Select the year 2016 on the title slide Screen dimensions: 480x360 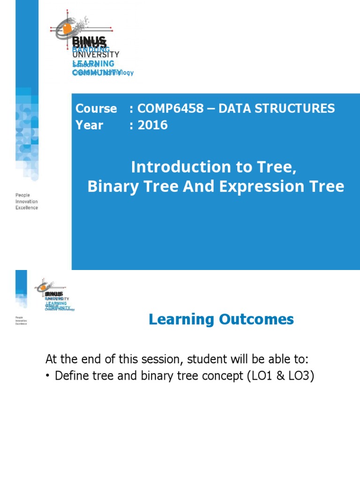(152, 125)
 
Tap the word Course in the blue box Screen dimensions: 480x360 (96, 109)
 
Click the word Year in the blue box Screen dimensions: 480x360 (89, 125)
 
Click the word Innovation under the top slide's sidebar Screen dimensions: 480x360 (27, 202)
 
